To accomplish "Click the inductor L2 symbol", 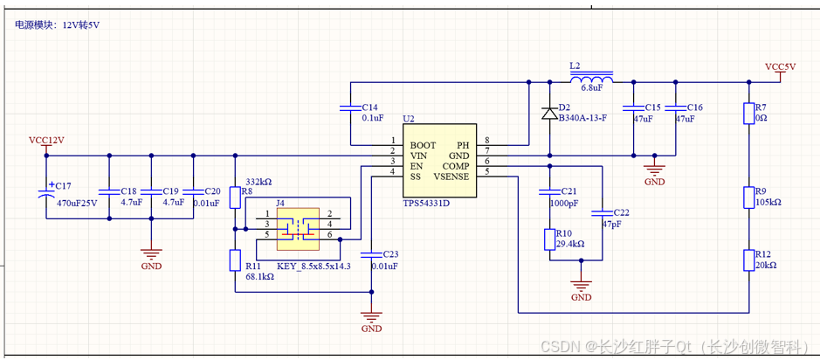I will click(x=591, y=80).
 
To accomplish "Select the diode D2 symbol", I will click(x=549, y=113).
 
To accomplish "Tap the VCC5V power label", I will click(x=780, y=67).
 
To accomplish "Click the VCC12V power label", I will click(x=46, y=140).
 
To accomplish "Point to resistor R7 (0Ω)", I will click(x=748, y=114).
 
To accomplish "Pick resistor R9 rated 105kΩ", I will click(x=748, y=196).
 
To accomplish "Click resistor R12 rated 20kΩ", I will click(x=748, y=260).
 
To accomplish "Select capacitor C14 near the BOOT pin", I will click(x=349, y=111).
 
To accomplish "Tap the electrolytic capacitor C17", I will click(x=46, y=194).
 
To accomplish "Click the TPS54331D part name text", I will click(x=426, y=203).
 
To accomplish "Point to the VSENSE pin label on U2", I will click(x=451, y=177).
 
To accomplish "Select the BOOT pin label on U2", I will click(x=424, y=144).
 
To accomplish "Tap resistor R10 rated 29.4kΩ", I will click(x=549, y=239).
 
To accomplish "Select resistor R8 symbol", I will click(x=235, y=197).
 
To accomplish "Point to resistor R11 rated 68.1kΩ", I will click(x=235, y=260).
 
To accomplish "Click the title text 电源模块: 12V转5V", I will click(x=58, y=25).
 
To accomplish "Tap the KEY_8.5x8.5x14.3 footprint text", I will click(x=314, y=266).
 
